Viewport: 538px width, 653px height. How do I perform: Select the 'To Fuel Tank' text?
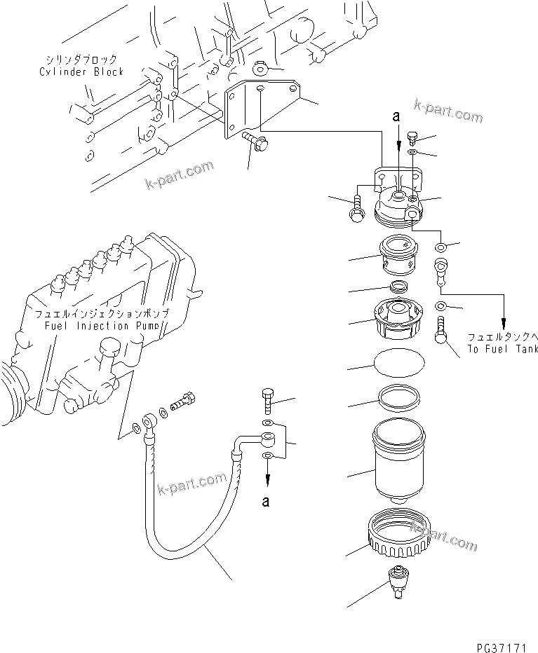(x=502, y=349)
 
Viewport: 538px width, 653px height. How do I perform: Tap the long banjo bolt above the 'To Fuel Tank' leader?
(x=442, y=329)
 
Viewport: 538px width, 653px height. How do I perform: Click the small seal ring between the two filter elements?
(x=399, y=287)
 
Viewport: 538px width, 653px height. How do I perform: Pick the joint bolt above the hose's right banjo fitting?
(x=269, y=400)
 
